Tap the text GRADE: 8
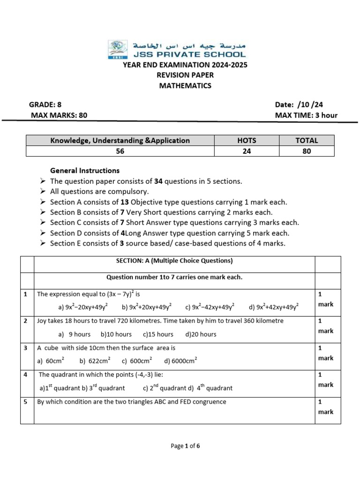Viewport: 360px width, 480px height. coord(45,105)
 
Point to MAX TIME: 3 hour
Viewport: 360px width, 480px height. coord(306,115)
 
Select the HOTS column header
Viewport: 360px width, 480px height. coord(247,140)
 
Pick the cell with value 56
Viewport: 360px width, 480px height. coord(120,151)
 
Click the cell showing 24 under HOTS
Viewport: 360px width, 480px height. coord(247,151)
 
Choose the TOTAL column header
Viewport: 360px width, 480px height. coord(307,140)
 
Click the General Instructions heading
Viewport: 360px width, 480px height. coord(85,171)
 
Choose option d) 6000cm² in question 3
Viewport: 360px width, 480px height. coord(180,361)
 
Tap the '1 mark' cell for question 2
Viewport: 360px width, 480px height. coord(326,326)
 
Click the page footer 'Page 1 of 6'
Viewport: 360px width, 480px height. coord(185,446)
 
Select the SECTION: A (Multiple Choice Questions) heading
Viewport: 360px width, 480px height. coord(174,261)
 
